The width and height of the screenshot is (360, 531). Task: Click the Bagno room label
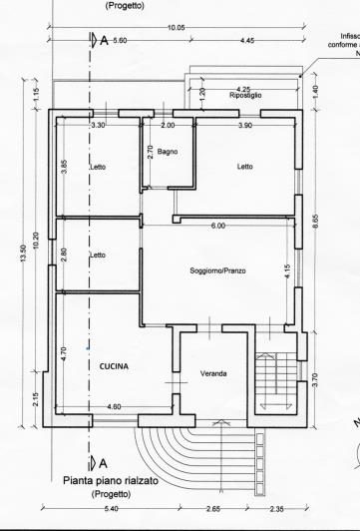[x=167, y=151]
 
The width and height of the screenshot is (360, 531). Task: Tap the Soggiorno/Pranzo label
[x=217, y=270]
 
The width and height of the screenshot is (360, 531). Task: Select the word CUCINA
[x=115, y=366]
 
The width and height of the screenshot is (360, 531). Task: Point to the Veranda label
[x=213, y=373]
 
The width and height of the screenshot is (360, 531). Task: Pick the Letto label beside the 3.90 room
[x=244, y=167]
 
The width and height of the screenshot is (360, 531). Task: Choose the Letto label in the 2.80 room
[x=98, y=256]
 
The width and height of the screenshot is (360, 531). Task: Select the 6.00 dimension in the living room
[x=217, y=227]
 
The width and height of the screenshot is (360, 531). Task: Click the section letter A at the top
[x=105, y=42]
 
